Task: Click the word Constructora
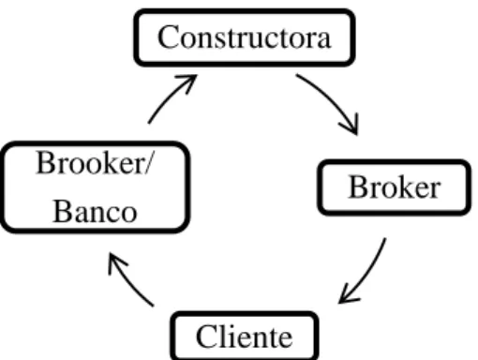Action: (x=244, y=37)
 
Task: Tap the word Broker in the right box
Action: (x=395, y=187)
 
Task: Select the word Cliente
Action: (x=245, y=337)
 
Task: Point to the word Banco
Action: (x=96, y=212)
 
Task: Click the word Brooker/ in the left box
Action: (x=95, y=162)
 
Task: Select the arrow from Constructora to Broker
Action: (x=332, y=100)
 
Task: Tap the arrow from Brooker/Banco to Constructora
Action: (x=169, y=96)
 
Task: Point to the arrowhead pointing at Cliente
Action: (x=348, y=295)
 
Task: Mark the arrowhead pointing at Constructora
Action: (x=188, y=82)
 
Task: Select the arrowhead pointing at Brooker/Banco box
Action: (x=115, y=262)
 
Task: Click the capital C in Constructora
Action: (x=169, y=37)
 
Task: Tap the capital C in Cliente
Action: (x=207, y=337)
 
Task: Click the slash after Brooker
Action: (x=148, y=162)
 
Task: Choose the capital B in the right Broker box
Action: (x=358, y=187)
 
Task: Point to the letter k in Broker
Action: (x=405, y=187)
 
